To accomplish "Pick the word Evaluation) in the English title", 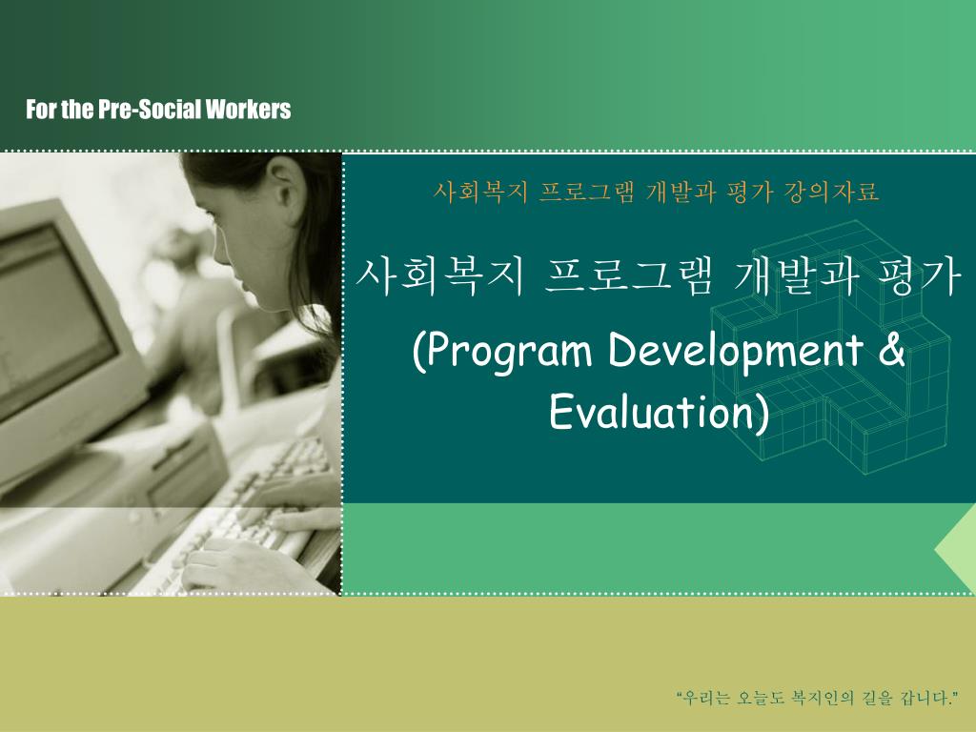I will tap(659, 413).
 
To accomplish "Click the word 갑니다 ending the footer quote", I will tap(925, 699).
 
